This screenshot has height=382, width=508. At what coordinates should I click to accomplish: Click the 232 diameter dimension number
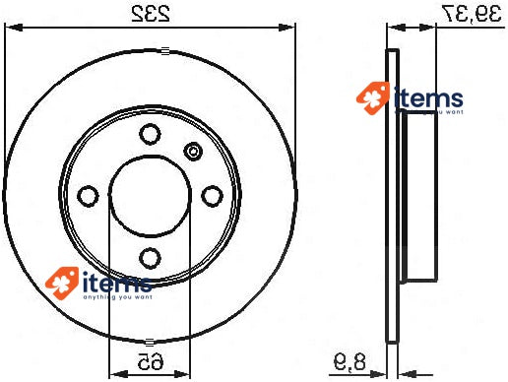[x=151, y=13]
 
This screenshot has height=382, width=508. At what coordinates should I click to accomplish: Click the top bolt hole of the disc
[x=150, y=135]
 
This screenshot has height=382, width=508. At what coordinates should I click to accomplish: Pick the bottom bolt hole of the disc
[x=150, y=259]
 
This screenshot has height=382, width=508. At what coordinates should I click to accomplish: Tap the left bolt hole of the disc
[x=88, y=197]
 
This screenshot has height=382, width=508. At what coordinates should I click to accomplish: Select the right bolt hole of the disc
[x=212, y=197]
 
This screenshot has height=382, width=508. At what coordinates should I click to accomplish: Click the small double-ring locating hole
[x=193, y=152]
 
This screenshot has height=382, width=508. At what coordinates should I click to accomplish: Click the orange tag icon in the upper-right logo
[x=372, y=98]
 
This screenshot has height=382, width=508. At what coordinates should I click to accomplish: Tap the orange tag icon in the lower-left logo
[x=61, y=281]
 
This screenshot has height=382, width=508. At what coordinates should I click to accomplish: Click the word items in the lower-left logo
[x=117, y=281]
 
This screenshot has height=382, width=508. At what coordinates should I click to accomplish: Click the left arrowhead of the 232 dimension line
[x=12, y=29]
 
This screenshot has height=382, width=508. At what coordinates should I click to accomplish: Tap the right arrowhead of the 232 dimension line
[x=289, y=29]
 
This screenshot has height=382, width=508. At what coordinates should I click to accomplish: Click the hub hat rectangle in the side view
[x=417, y=197]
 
